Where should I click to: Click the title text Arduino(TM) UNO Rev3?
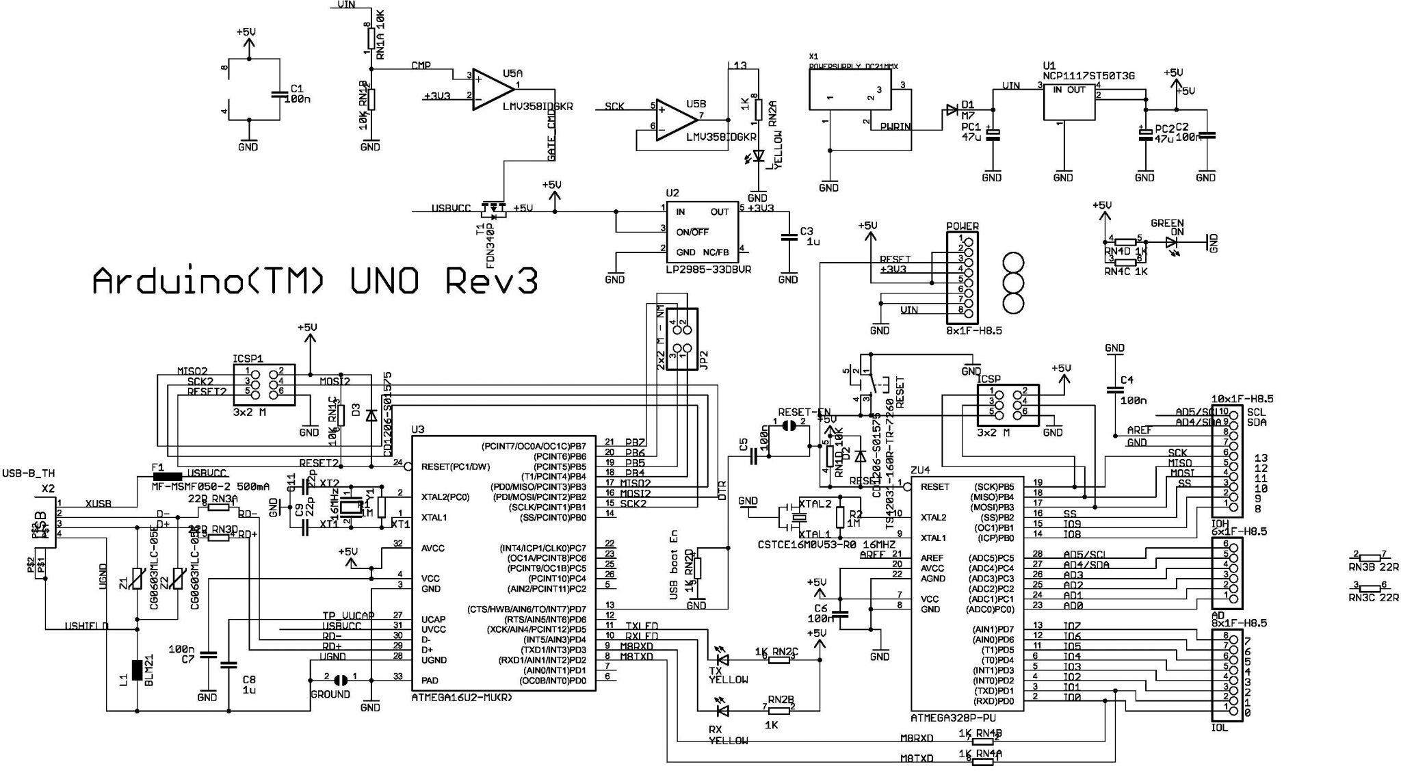(x=315, y=280)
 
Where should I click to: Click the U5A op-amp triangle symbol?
(x=491, y=89)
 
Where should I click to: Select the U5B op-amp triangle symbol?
(x=675, y=122)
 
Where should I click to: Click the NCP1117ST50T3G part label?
(x=1088, y=76)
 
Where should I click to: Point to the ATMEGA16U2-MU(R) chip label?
(x=462, y=697)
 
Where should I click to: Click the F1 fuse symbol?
(x=167, y=475)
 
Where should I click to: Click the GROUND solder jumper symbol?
(x=340, y=680)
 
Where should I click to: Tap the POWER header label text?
(x=962, y=226)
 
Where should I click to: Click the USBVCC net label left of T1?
(x=451, y=209)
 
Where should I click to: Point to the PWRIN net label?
(x=896, y=127)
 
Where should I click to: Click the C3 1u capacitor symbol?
(x=788, y=237)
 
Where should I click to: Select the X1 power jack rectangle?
(x=850, y=90)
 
